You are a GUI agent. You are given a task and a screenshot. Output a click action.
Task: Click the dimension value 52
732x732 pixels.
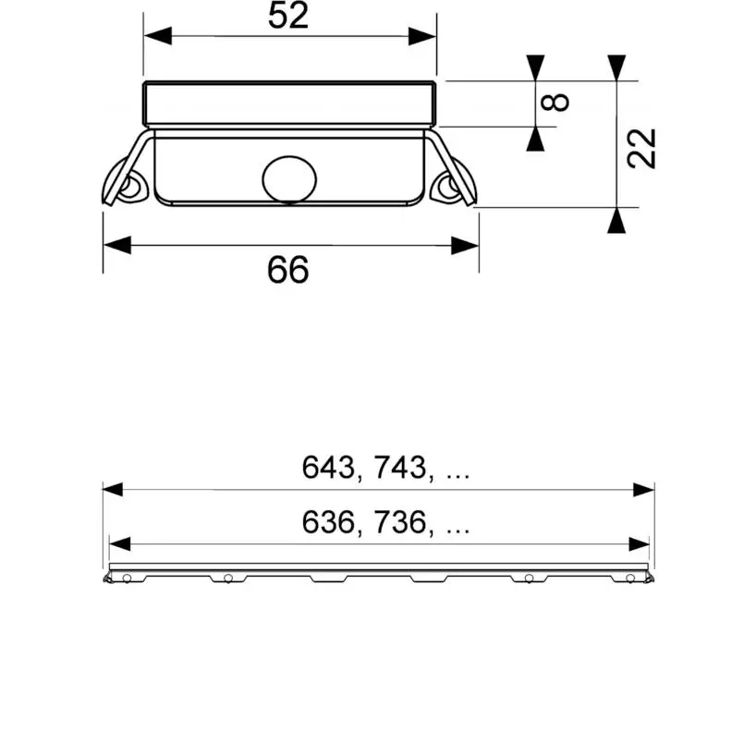[288, 16]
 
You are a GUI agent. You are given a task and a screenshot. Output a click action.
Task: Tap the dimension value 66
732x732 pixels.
[288, 270]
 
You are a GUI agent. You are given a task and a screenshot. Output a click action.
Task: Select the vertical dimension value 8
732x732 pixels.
[555, 103]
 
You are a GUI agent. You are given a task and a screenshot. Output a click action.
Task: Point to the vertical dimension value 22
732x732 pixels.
[642, 148]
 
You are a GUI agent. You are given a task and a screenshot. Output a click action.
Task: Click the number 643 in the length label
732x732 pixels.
[328, 468]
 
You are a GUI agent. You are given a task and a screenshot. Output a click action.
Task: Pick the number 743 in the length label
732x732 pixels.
[400, 468]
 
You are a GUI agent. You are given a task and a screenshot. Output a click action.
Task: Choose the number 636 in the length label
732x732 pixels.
[328, 522]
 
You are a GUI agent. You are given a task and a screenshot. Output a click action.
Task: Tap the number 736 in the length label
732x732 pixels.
[400, 522]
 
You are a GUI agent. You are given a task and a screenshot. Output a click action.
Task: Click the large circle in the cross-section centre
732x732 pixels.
[289, 179]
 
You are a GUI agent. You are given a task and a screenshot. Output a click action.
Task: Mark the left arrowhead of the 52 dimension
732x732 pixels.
[158, 36]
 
